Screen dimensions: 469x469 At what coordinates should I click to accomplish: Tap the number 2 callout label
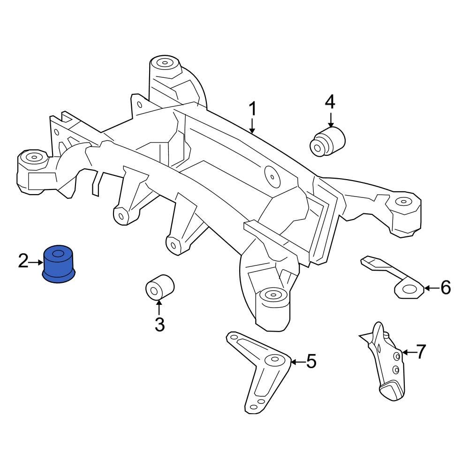point(23,261)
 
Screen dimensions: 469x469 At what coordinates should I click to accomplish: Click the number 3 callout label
point(159,324)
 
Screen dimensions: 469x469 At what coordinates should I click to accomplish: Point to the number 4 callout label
point(330,102)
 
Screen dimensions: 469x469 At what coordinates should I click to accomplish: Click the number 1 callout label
point(252,109)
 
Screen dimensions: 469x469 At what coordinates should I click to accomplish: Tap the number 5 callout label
point(311,362)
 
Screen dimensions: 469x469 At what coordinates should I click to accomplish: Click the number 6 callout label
point(445,287)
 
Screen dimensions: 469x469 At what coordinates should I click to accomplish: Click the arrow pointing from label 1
point(252,126)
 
